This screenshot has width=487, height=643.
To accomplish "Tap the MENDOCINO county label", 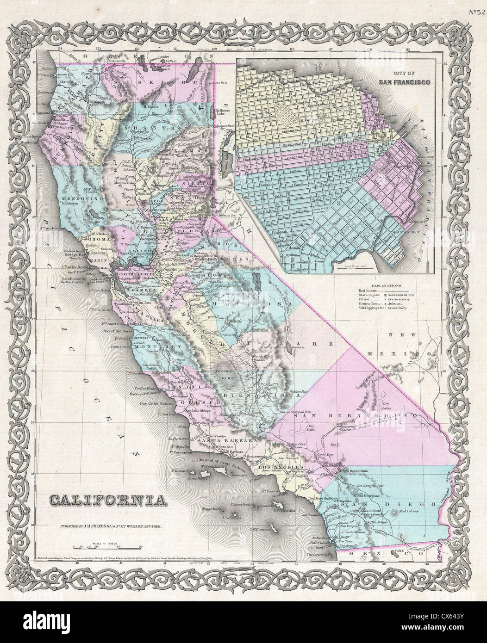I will [76, 198].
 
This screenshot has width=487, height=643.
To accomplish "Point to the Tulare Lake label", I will [225, 376].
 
